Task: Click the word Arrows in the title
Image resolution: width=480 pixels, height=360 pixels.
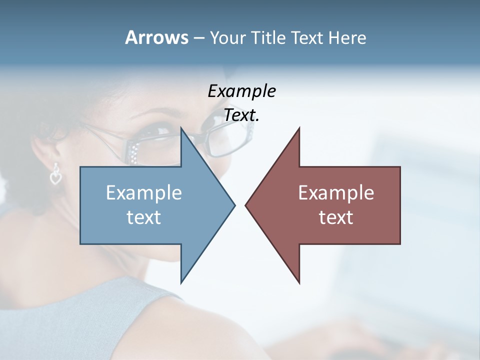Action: tap(156, 37)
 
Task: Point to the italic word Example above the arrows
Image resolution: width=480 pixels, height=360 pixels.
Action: tap(241, 91)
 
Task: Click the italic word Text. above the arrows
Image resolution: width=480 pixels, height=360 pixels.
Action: tap(241, 115)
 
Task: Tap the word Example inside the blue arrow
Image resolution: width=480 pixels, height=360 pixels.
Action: tap(144, 193)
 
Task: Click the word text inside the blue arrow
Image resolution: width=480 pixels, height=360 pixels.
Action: tap(144, 217)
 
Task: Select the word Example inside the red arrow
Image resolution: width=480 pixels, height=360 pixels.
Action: tap(336, 193)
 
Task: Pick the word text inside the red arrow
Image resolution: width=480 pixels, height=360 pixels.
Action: tap(336, 217)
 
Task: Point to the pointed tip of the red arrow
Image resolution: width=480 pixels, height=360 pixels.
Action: tap(246, 205)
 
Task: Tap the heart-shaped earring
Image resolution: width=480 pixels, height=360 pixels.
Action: tap(55, 175)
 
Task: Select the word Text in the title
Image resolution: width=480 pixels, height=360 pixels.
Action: tap(307, 38)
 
